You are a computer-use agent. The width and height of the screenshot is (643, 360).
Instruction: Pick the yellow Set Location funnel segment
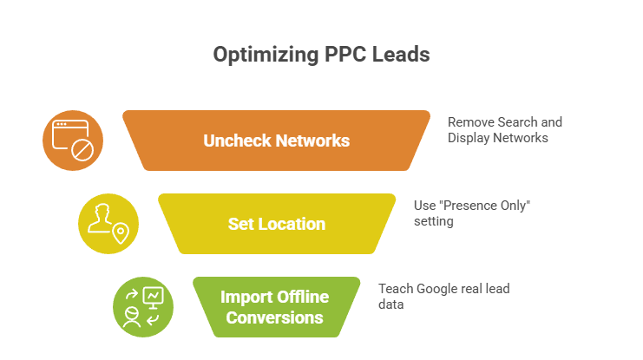276,224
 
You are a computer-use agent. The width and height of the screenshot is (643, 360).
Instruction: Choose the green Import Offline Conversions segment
275,307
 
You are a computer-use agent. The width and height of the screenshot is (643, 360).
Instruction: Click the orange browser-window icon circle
73,141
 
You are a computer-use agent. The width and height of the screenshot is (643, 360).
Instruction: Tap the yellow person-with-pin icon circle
108,224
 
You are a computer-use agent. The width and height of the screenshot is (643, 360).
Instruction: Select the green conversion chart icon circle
143,307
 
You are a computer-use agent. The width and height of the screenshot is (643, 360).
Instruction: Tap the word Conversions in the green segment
275,317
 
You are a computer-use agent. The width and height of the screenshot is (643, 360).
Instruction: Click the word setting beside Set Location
434,221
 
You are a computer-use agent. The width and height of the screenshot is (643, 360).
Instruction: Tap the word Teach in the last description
396,289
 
